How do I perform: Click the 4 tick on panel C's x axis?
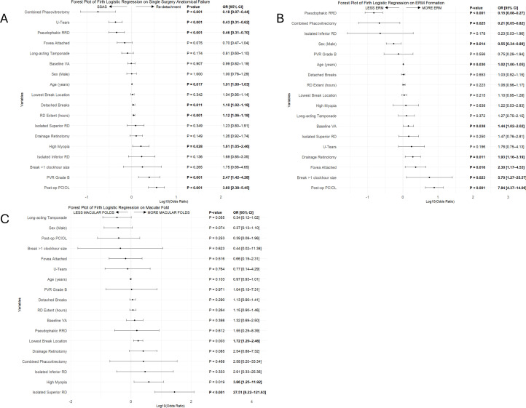[251, 401]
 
